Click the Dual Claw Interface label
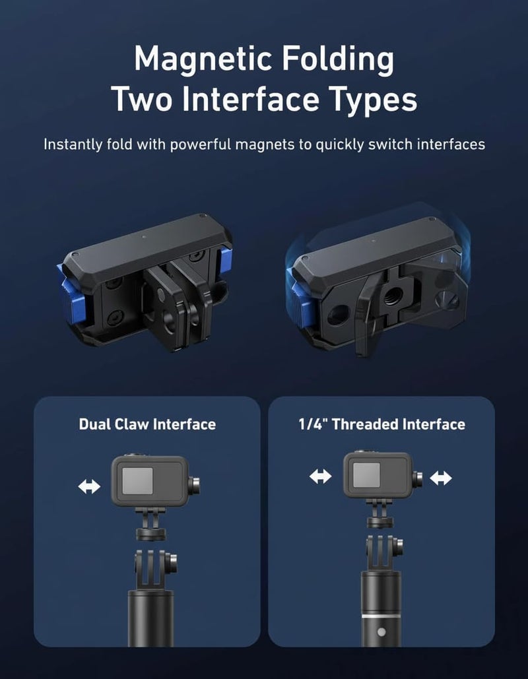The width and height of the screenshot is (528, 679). (147, 424)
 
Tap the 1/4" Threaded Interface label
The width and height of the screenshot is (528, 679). (381, 424)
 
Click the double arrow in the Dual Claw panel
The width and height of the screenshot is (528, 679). (89, 486)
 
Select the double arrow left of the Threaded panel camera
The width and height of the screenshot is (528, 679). (321, 477)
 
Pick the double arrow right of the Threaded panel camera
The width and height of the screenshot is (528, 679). (441, 478)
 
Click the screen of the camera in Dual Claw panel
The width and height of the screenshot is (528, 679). (137, 480)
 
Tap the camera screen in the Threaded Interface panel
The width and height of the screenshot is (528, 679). (366, 474)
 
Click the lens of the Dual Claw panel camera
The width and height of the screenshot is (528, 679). (195, 486)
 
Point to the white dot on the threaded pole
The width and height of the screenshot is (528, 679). (381, 631)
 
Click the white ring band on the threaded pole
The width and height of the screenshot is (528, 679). (381, 615)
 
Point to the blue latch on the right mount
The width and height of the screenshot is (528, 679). (298, 299)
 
